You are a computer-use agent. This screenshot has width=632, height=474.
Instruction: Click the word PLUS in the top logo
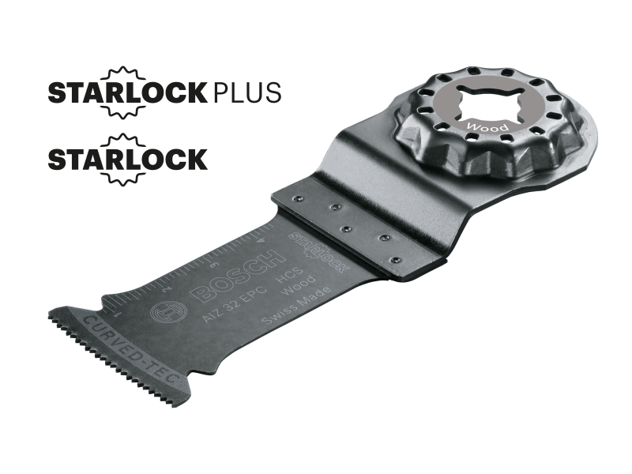coord(246,92)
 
